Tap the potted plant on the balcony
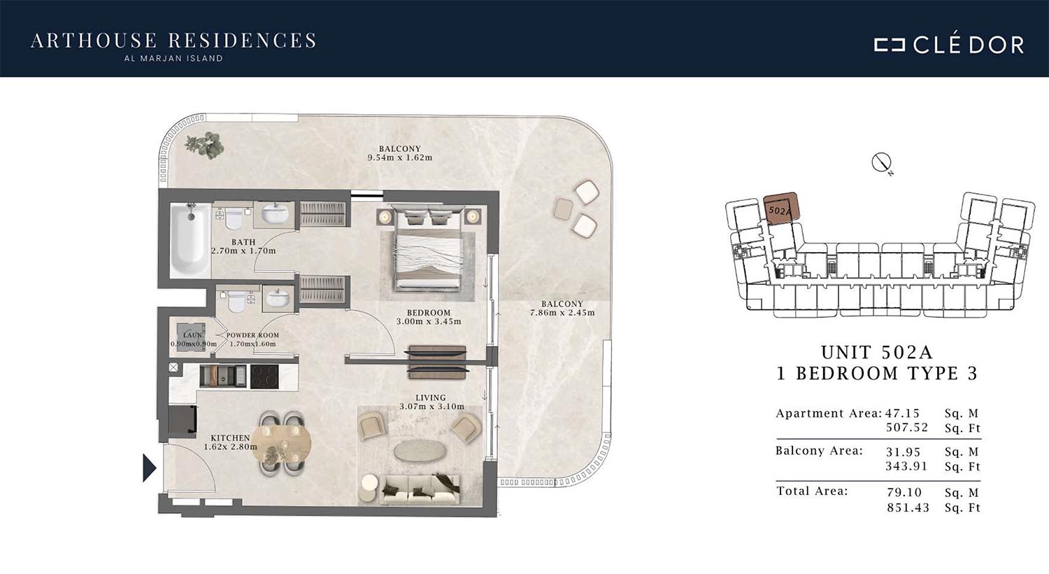click(205, 144)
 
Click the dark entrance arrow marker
click(149, 468)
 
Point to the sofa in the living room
click(420, 490)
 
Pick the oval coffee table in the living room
click(418, 451)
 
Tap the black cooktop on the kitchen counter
click(264, 377)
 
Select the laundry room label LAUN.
click(194, 335)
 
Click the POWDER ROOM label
click(252, 335)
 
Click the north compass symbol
click(881, 163)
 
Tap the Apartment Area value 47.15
click(903, 413)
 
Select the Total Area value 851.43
click(908, 507)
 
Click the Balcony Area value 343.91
click(906, 466)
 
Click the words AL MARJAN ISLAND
click(173, 59)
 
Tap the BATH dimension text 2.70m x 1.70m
click(243, 251)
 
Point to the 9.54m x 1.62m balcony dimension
click(399, 157)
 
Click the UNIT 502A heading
click(877, 352)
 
